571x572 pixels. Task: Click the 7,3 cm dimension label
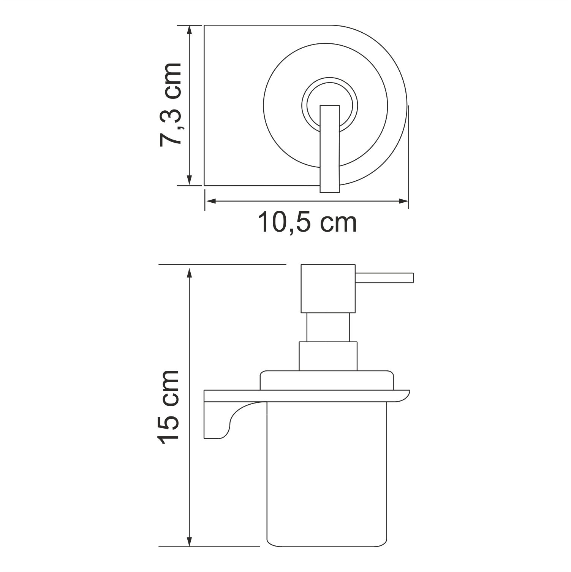[x=170, y=105]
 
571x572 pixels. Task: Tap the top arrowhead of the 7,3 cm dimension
[x=189, y=30]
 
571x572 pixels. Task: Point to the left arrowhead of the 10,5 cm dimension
[x=210, y=201]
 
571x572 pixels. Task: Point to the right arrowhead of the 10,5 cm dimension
[x=403, y=201]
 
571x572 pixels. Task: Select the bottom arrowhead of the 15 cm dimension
[x=189, y=542]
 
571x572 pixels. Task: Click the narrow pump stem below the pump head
[x=328, y=327]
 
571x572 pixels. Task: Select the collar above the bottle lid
[x=328, y=356]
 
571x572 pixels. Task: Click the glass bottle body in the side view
[x=327, y=475]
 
